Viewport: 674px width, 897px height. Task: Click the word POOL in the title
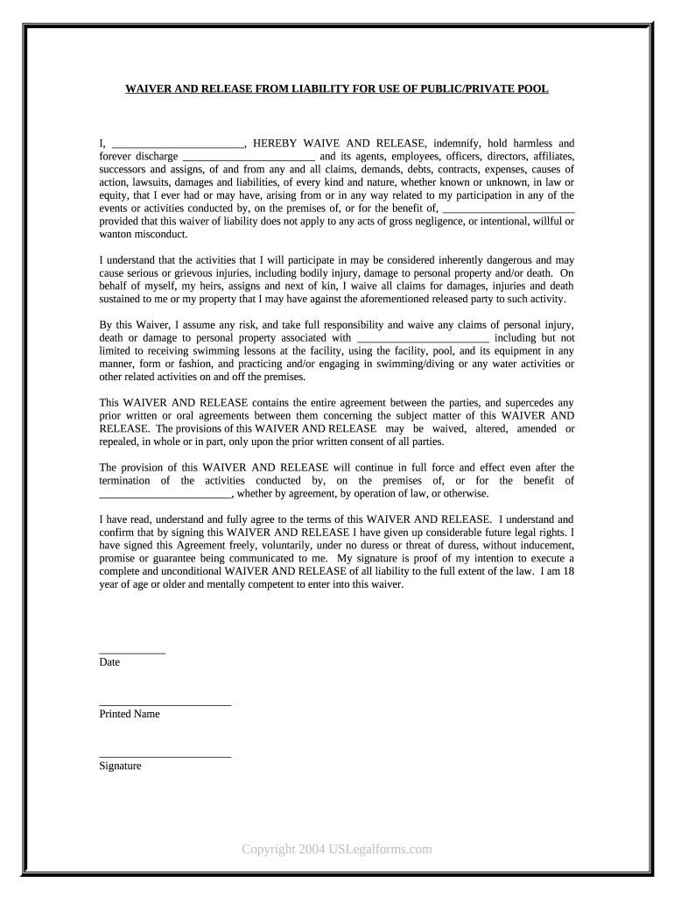coord(534,89)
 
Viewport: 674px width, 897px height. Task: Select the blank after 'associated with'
coord(424,339)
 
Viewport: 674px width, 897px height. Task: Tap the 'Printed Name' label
coord(130,714)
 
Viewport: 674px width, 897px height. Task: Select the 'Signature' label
coord(120,766)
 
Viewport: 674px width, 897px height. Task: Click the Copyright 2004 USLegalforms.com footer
coord(337,849)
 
